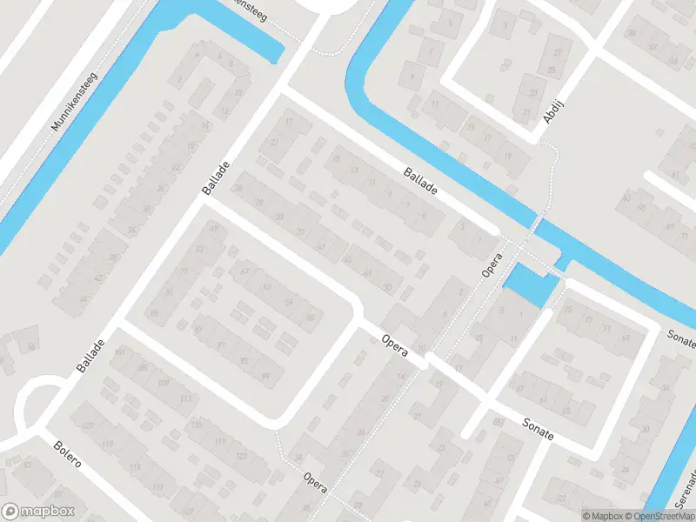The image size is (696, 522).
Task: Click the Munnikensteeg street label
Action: [x=77, y=101]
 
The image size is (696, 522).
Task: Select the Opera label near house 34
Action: [x=316, y=483]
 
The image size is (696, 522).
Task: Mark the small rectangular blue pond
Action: [x=528, y=283]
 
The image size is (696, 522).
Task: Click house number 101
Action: [x=120, y=351]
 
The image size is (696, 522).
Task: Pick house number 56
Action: [x=31, y=347]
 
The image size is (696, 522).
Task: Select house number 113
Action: [x=184, y=399]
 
